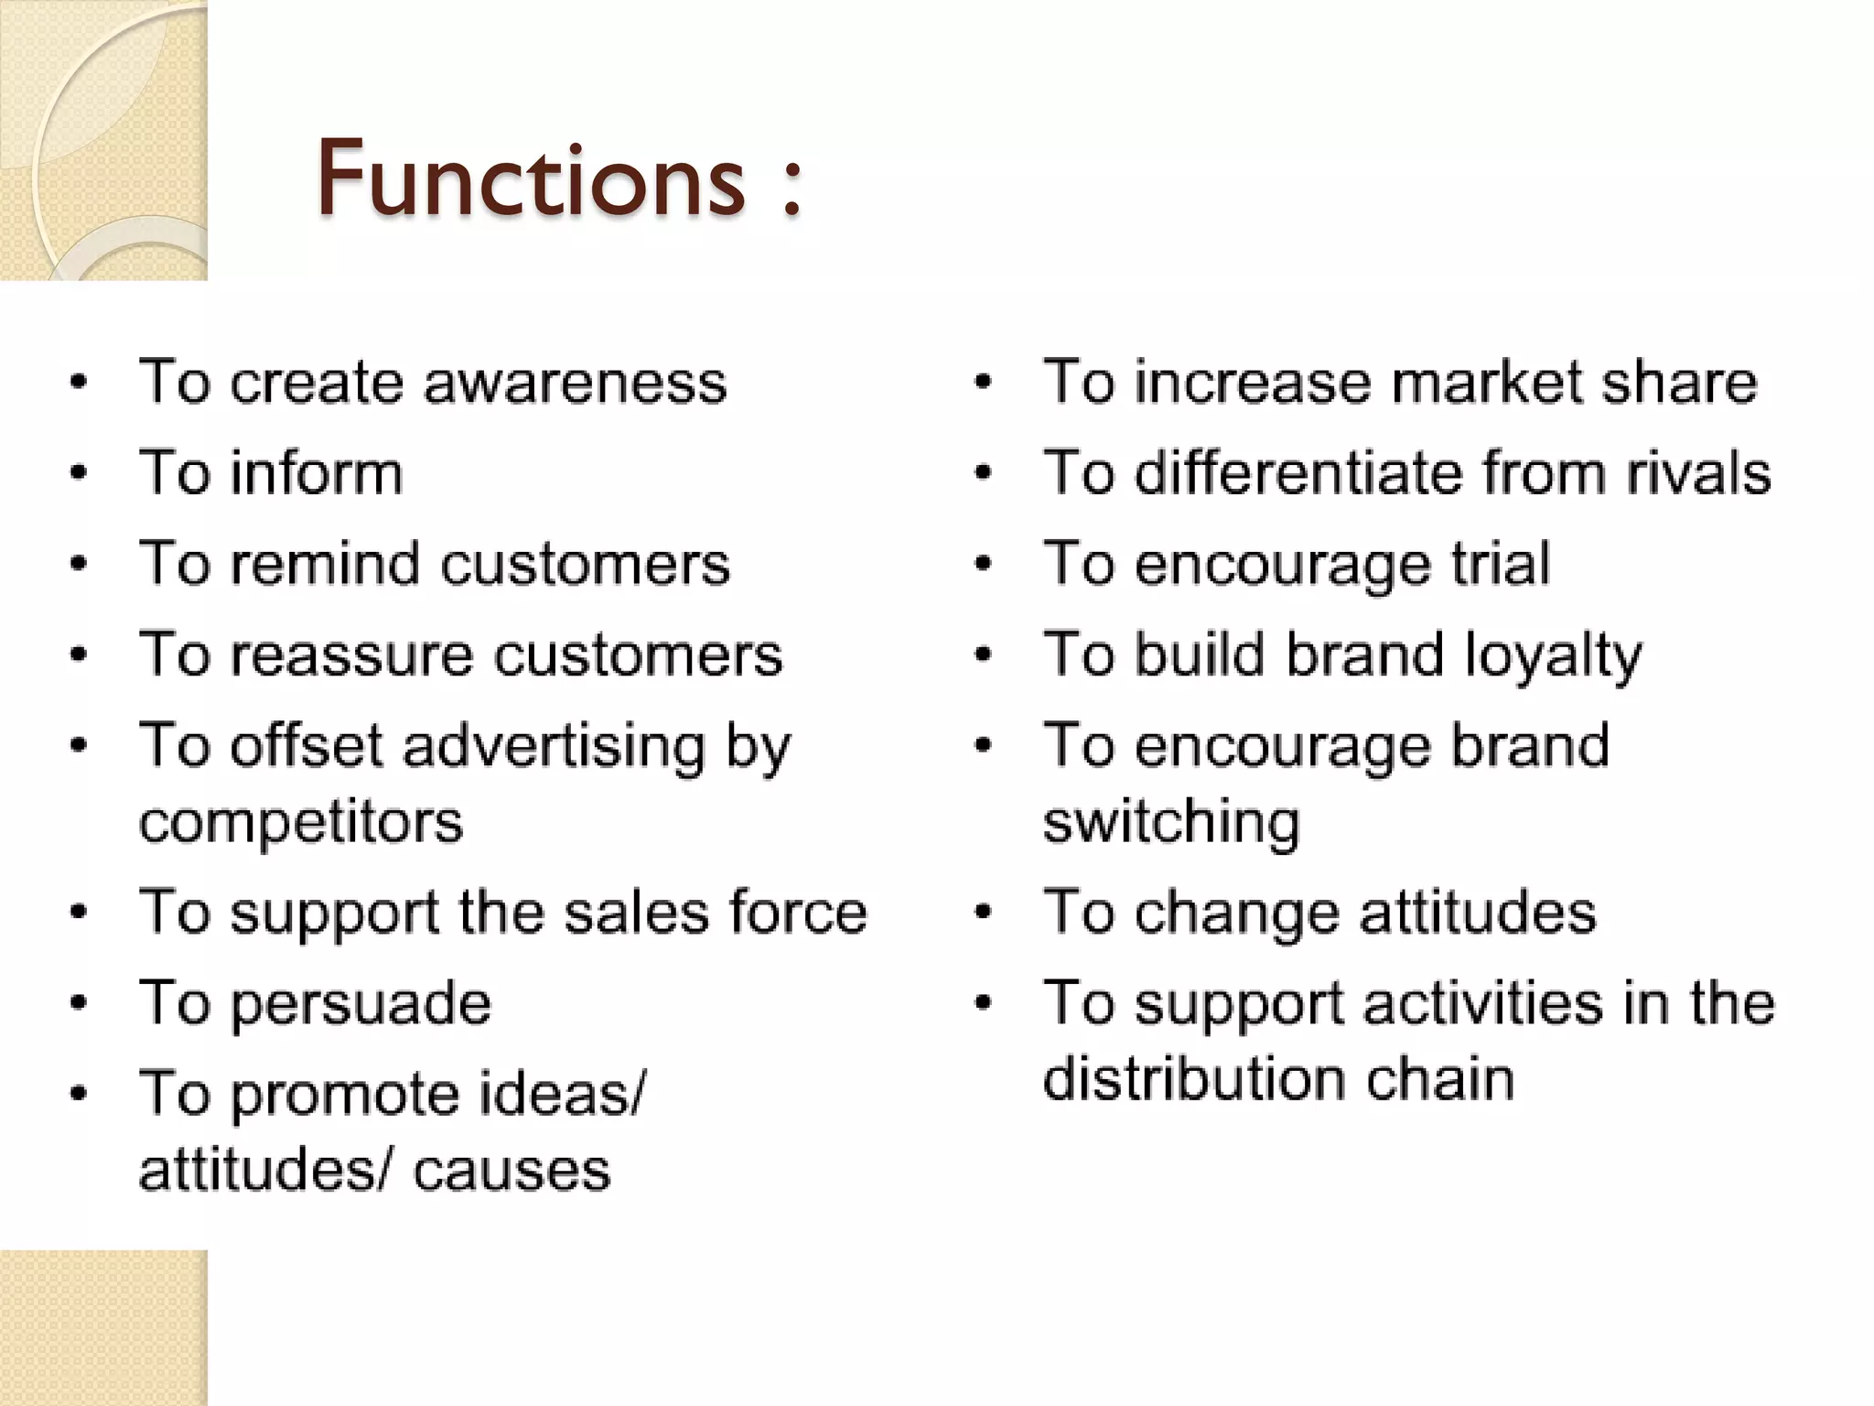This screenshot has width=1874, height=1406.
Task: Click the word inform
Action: pyautogui.click(x=316, y=473)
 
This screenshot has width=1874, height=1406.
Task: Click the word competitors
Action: pyautogui.click(x=301, y=823)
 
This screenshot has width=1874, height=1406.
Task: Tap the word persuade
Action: pyautogui.click(x=361, y=1004)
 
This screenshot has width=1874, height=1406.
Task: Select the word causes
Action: pyautogui.click(x=512, y=1171)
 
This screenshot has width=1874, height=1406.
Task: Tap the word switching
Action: pyautogui.click(x=1171, y=823)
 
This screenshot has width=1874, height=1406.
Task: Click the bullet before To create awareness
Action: pyautogui.click(x=80, y=383)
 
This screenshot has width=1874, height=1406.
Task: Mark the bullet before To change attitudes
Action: pyautogui.click(x=984, y=913)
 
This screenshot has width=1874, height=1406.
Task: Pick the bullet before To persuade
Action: pyautogui.click(x=80, y=1003)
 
